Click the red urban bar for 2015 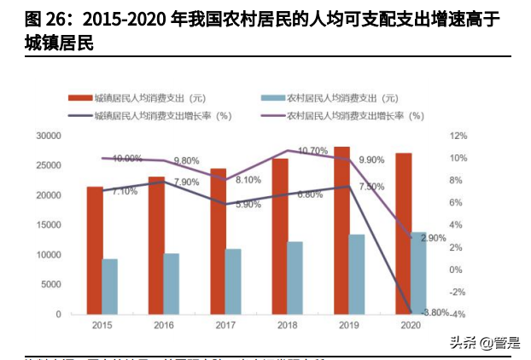coord(95,251)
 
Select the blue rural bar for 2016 coord(172,284)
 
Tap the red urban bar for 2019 coord(341,230)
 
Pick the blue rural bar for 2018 coord(295,278)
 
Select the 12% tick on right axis coord(458,136)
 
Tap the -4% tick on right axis coord(458,315)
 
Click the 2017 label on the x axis coord(225,326)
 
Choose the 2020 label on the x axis coord(410,326)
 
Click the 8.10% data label coord(248,180)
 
